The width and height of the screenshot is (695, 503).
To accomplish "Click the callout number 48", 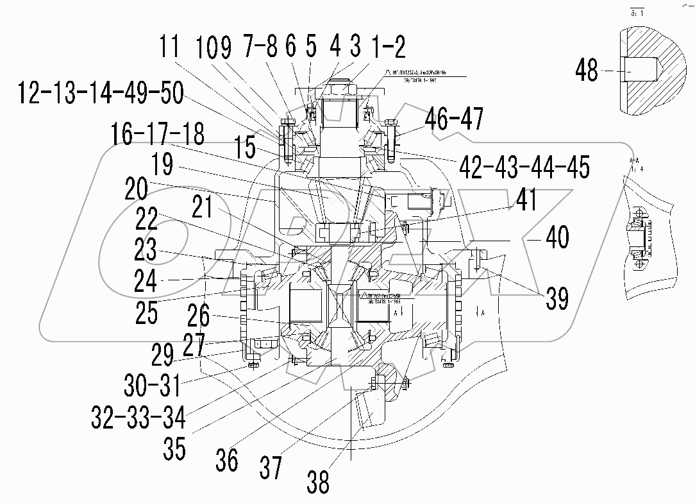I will pyautogui.click(x=587, y=70).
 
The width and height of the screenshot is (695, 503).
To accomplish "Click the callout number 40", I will pyautogui.click(x=556, y=238).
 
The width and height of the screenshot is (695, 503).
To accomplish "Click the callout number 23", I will pyautogui.click(x=146, y=250).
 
